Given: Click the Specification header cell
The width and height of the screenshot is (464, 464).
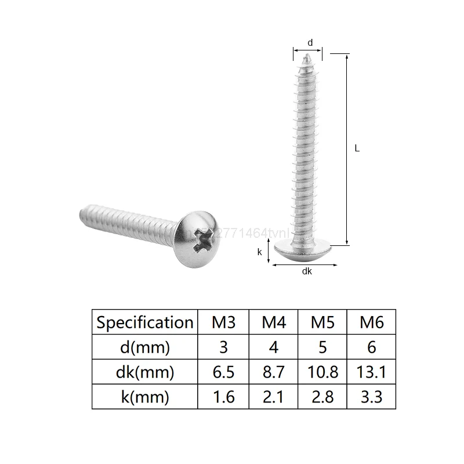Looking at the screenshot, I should (x=144, y=322).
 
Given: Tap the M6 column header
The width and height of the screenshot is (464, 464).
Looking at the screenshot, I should (x=372, y=322).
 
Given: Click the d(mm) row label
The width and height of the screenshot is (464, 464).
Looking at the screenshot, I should (x=144, y=347).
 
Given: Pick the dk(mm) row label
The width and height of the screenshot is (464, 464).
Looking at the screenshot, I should (x=144, y=372).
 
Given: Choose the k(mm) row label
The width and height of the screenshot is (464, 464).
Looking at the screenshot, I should (x=144, y=397).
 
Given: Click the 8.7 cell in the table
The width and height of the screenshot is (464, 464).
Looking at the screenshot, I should (x=274, y=372).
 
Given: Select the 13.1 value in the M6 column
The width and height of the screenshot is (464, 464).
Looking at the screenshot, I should (x=372, y=372).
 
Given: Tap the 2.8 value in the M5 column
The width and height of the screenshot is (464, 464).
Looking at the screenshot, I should (x=322, y=397).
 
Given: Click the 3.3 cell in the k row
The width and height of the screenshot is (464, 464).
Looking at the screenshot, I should (x=372, y=397).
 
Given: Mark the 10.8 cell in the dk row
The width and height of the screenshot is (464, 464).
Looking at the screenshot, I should (x=322, y=372).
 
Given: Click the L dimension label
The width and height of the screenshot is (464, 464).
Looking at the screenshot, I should (x=357, y=148).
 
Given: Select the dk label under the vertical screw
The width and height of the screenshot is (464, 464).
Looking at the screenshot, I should (x=307, y=271).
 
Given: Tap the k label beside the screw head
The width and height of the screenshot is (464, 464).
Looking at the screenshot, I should (x=260, y=252).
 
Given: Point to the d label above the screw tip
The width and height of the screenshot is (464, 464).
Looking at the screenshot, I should (x=310, y=42).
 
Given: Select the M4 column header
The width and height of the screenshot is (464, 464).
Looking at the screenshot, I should (x=274, y=322).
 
